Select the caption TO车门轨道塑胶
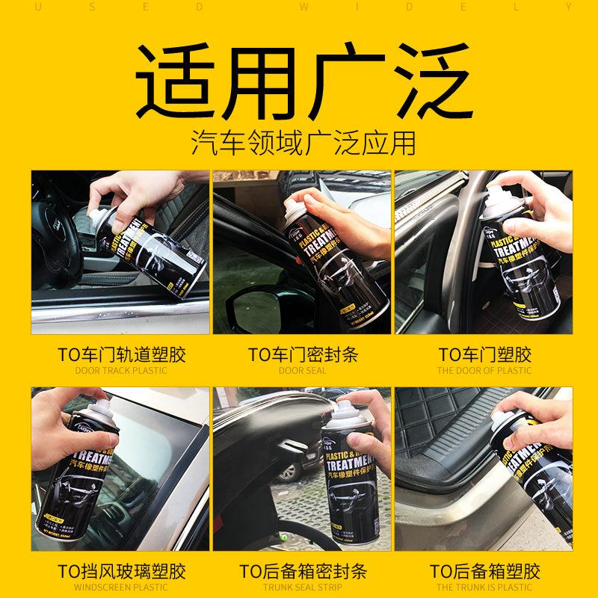[121, 354]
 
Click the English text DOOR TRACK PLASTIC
[121, 370]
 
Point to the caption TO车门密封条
[303, 354]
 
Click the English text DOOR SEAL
[303, 370]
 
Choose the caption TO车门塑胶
[484, 354]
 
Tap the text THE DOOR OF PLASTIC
[484, 370]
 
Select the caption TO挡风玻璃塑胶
[121, 572]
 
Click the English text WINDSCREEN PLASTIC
[121, 588]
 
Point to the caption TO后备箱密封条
[303, 572]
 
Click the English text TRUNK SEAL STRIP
[303, 588]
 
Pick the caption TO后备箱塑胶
[484, 572]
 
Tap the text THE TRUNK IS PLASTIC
[484, 588]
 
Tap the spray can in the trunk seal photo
[350, 478]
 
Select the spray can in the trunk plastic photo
[534, 471]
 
